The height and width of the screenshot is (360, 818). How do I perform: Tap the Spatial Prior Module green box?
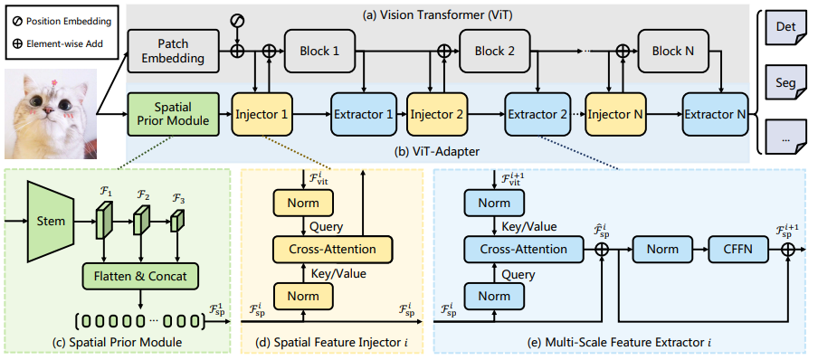click(173, 114)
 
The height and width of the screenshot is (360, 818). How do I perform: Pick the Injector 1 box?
click(262, 114)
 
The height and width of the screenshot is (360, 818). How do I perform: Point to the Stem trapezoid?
click(52, 222)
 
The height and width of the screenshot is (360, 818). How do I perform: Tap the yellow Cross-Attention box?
click(332, 250)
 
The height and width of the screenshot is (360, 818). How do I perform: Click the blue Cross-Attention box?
click(523, 250)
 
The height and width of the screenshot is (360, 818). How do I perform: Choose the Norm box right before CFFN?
click(662, 250)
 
